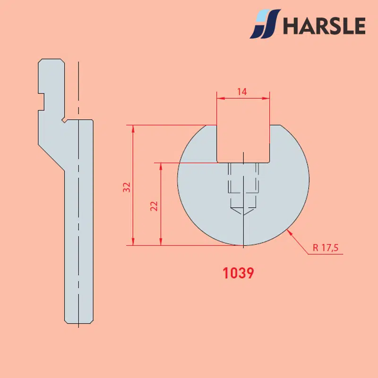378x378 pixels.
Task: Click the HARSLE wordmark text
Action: click(x=324, y=26)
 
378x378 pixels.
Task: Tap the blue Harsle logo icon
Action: click(x=265, y=24)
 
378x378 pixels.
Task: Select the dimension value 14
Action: click(x=242, y=92)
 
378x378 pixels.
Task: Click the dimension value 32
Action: click(x=127, y=187)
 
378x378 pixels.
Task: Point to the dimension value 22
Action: click(x=154, y=206)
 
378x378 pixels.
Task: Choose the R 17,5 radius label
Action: click(x=326, y=248)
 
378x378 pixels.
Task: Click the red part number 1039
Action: click(x=238, y=273)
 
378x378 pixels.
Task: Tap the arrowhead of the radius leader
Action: click(x=289, y=232)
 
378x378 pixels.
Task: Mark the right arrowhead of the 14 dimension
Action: click(x=266, y=98)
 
